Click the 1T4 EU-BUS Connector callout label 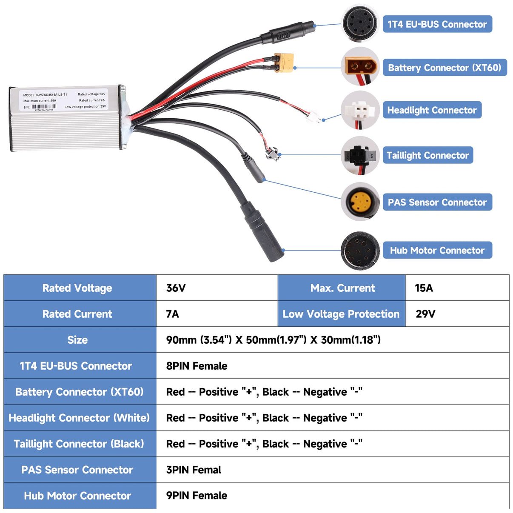coord(437,24)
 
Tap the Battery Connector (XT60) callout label coord(445,68)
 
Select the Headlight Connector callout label coord(432,110)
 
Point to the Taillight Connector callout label coord(427,155)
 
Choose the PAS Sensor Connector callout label coord(437,202)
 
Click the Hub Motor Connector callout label coord(437,251)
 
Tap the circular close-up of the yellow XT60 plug coord(360,66)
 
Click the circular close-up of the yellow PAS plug coord(360,202)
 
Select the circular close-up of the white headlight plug coord(360,110)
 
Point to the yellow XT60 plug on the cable coord(284,62)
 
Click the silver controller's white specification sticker coord(64,100)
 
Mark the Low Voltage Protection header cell coord(341,314)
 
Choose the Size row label coord(77,340)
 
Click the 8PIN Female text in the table coord(197,366)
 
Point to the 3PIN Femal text coord(194,470)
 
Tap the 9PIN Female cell coord(197,496)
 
